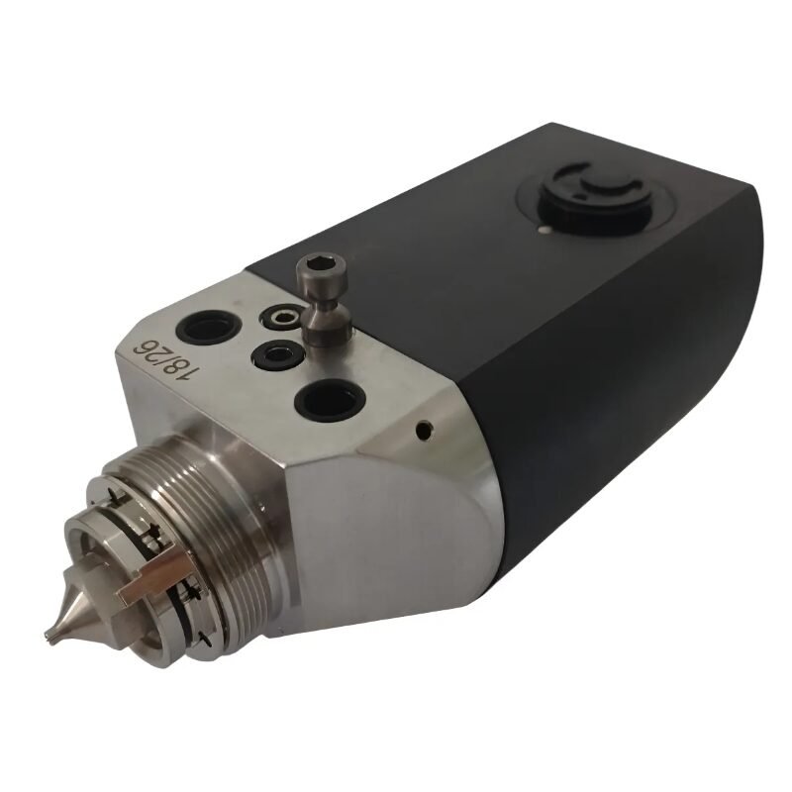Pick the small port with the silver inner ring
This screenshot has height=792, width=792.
tap(282, 318)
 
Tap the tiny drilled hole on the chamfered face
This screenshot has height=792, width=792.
tap(423, 431)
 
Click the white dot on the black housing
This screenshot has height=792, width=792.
tap(543, 231)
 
